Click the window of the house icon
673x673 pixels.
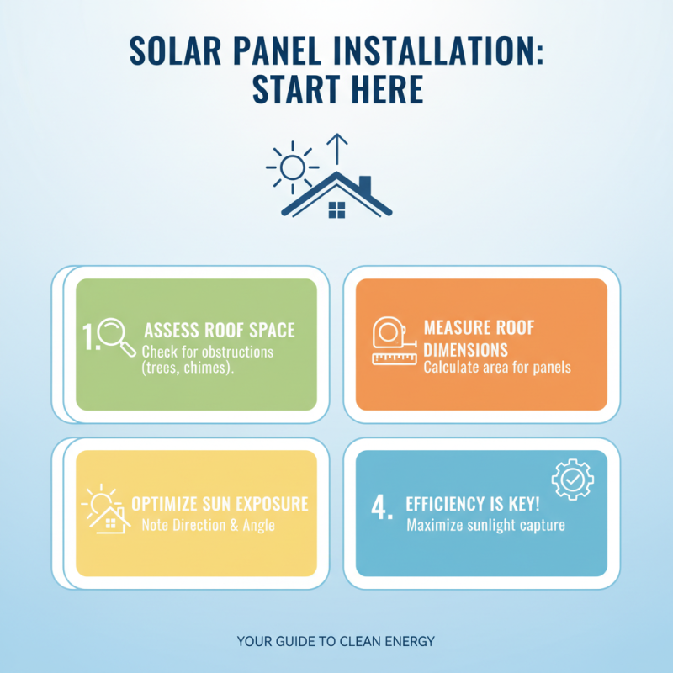(x=336, y=209)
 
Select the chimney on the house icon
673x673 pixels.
(x=363, y=185)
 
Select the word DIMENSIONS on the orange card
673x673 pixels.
(x=465, y=347)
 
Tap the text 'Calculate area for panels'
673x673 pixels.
(x=496, y=368)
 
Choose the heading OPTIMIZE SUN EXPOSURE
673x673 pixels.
(x=220, y=505)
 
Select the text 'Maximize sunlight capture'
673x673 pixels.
(x=485, y=527)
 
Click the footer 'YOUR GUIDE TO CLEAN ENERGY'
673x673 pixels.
(x=336, y=641)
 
